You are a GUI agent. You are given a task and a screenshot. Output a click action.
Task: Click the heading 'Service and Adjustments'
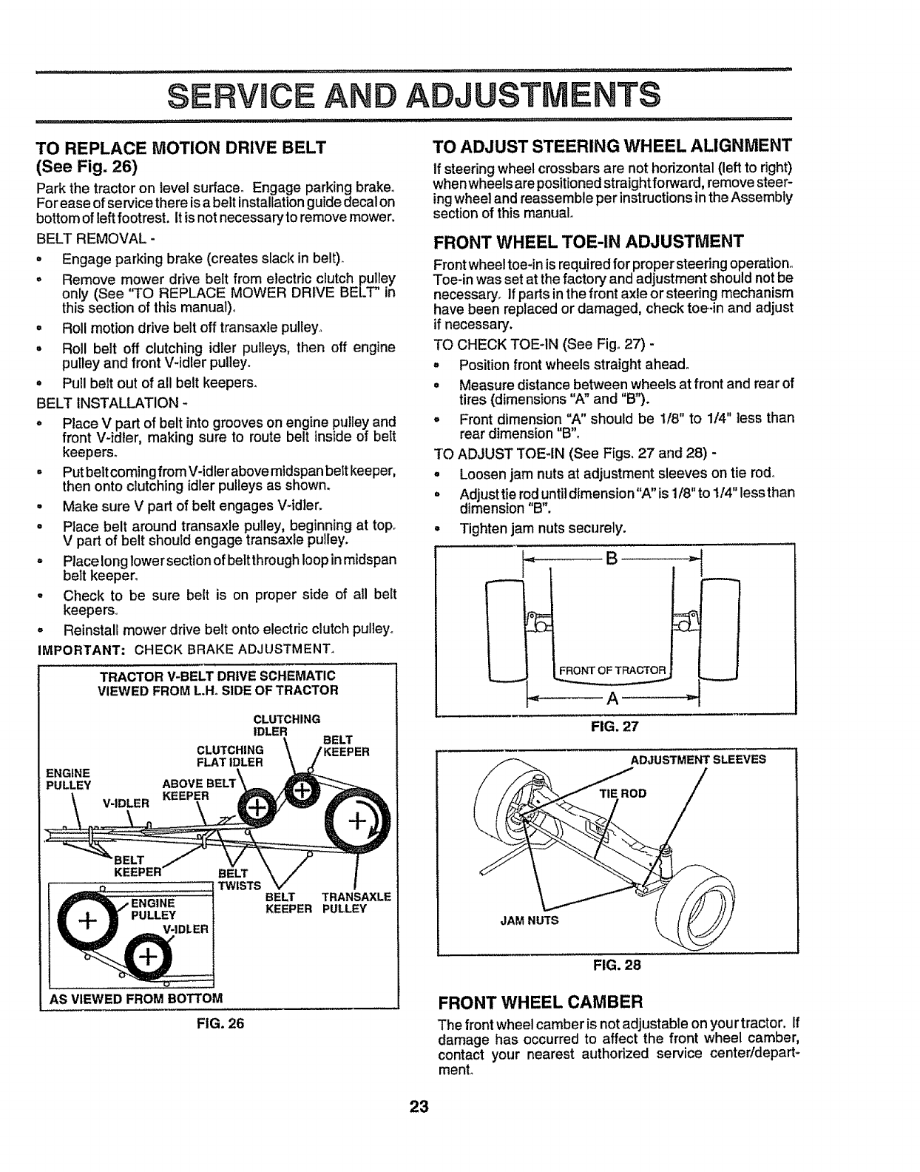tap(413, 95)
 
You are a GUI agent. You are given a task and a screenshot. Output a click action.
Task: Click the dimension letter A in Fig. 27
tap(612, 698)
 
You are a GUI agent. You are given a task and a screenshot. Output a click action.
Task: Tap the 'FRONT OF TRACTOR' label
tap(613, 670)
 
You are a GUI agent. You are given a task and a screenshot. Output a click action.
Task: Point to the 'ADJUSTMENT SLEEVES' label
tap(697, 759)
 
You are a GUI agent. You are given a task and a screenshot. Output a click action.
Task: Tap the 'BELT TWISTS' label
tap(240, 880)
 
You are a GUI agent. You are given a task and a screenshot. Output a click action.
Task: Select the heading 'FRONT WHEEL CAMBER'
tap(541, 1003)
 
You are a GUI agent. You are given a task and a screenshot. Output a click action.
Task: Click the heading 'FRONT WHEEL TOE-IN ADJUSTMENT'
tap(587, 241)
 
